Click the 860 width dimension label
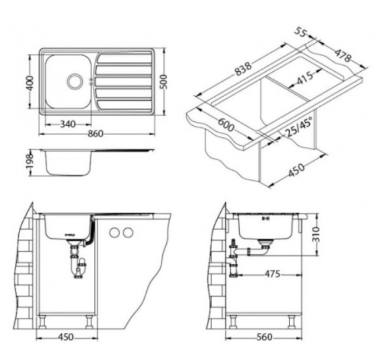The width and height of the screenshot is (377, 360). (96, 134)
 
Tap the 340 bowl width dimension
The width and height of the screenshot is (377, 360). (68, 124)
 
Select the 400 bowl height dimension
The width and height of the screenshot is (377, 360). (30, 83)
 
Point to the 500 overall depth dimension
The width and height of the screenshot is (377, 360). (163, 82)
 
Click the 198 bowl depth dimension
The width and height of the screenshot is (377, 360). (30, 162)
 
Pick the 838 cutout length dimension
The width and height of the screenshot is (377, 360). (243, 69)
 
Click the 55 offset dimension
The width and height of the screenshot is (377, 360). (300, 32)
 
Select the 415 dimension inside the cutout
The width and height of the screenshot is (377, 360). (305, 78)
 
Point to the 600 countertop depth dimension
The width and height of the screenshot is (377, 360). (226, 125)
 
